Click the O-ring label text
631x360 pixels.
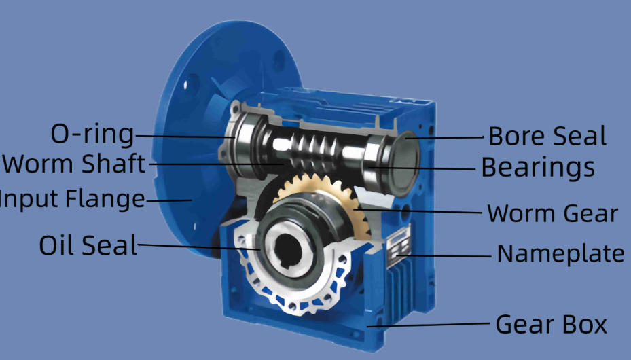(92, 134)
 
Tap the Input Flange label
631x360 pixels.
(72, 200)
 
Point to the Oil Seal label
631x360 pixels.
(88, 245)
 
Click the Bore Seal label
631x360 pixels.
(547, 137)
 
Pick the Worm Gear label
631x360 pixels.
(552, 214)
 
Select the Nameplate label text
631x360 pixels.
(560, 254)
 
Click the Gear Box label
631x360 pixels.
(551, 325)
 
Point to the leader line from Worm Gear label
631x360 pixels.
(421, 212)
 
